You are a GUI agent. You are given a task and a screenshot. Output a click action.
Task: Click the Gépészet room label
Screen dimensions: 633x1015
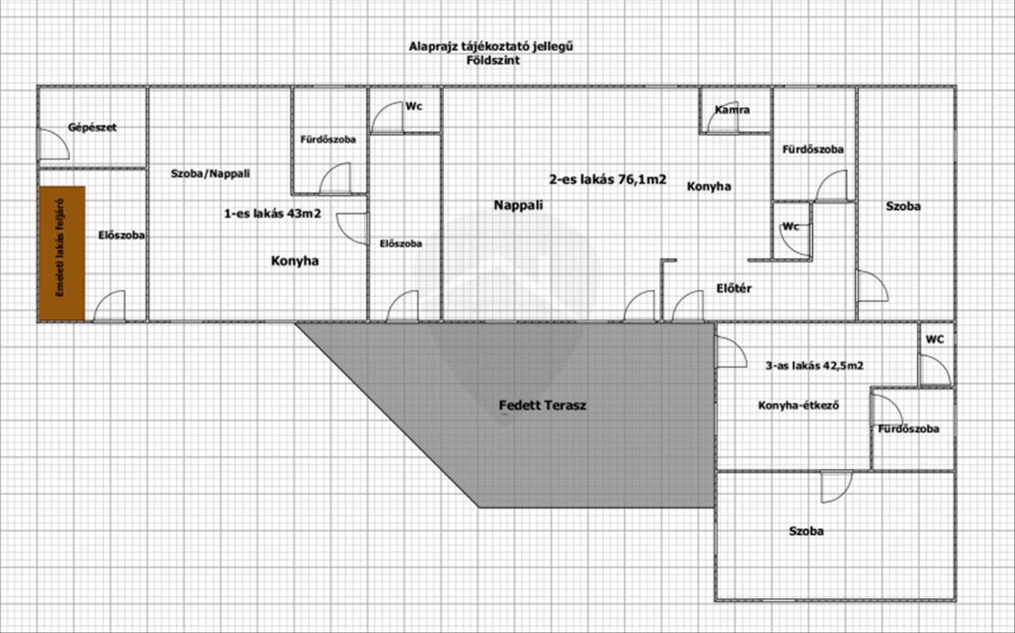click(x=91, y=128)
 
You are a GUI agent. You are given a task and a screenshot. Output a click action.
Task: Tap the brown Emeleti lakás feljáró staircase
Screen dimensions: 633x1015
click(x=62, y=253)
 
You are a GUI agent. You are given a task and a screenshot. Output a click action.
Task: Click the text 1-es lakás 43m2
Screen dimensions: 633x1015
click(x=271, y=214)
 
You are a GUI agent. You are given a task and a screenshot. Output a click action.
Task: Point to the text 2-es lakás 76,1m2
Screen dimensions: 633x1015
click(x=608, y=179)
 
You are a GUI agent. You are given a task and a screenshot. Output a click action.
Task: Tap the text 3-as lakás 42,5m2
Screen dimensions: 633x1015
click(x=814, y=366)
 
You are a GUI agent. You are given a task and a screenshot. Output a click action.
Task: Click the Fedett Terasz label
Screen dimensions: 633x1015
click(x=543, y=405)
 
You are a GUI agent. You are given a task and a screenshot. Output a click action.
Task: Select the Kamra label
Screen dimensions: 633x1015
click(x=732, y=110)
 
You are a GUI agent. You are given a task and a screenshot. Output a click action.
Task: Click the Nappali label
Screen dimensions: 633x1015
click(x=518, y=205)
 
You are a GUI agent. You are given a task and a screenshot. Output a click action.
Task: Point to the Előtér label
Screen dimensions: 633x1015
click(x=733, y=289)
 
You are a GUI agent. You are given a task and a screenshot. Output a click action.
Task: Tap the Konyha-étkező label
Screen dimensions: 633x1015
click(x=798, y=405)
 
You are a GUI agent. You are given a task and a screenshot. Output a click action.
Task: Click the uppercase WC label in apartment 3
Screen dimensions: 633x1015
click(x=935, y=339)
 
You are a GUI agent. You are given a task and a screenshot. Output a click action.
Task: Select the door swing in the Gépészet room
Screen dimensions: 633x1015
click(x=54, y=144)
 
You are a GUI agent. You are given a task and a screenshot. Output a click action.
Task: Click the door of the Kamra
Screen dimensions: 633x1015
click(x=721, y=120)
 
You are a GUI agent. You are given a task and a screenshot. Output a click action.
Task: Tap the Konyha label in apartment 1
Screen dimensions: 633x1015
click(x=294, y=261)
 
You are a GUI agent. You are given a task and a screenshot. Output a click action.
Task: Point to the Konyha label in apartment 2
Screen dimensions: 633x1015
click(x=709, y=186)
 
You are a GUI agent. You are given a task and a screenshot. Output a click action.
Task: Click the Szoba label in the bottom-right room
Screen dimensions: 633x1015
click(x=806, y=531)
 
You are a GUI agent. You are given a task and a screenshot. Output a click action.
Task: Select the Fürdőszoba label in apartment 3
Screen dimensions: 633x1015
click(x=908, y=429)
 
